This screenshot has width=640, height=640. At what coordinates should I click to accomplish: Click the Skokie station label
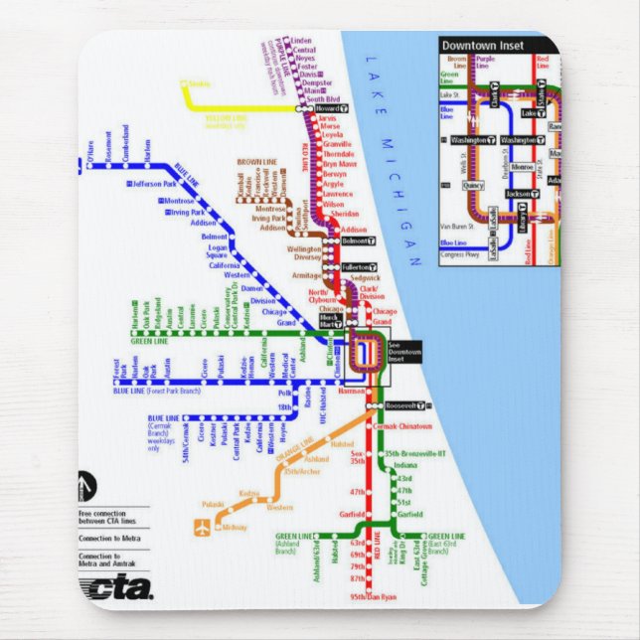(199, 84)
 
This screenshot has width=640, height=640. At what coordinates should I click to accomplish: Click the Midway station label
(234, 527)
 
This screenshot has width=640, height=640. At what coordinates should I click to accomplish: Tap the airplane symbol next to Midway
(205, 528)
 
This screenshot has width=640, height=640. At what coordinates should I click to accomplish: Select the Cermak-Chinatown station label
(404, 425)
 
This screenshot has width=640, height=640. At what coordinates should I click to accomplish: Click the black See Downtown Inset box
(403, 351)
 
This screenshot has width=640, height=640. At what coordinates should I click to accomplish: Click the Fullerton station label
(356, 267)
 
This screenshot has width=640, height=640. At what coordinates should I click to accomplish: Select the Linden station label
(302, 41)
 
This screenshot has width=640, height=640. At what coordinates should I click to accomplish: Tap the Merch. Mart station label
(330, 320)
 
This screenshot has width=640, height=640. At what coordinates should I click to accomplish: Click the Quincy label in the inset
(473, 185)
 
